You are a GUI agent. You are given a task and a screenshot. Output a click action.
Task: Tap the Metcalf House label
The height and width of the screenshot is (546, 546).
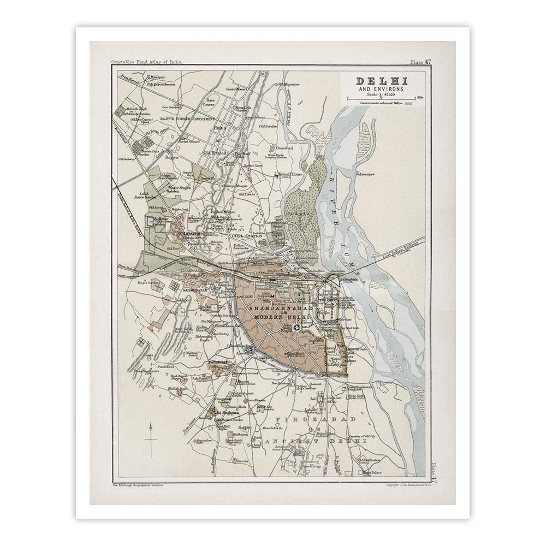[x=290, y=175]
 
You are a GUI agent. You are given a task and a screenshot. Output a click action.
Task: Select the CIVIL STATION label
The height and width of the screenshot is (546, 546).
[x=244, y=236]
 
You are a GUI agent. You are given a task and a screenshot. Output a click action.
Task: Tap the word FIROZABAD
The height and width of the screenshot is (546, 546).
[x=317, y=419]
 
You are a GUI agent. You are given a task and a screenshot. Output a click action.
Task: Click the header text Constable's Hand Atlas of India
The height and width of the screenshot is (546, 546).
[x=146, y=62]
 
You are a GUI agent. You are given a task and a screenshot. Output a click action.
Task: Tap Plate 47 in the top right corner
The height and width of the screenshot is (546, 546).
[x=420, y=62]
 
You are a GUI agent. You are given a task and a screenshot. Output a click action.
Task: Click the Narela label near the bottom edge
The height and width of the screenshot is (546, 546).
[x=242, y=461]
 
